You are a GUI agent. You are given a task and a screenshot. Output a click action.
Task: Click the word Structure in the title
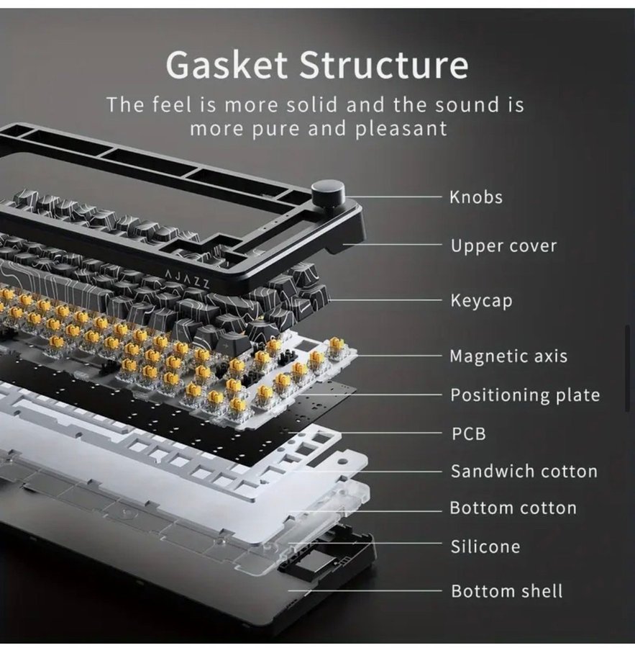tap(384, 65)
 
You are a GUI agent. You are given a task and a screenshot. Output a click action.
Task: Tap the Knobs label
tap(476, 197)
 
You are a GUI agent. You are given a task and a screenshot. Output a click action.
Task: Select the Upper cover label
tap(503, 246)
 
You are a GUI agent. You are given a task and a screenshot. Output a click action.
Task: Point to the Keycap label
tap(481, 300)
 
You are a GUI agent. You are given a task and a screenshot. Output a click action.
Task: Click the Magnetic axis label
tap(508, 356)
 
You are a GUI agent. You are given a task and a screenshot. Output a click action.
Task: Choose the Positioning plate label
tap(525, 395)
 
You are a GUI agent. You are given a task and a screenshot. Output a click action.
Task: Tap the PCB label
tap(467, 433)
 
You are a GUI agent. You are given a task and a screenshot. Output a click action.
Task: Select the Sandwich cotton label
tap(524, 472)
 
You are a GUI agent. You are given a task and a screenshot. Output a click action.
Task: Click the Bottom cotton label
tap(513, 508)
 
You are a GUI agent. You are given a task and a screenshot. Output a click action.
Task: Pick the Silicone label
tap(485, 547)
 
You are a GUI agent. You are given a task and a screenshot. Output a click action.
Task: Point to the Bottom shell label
tap(506, 591)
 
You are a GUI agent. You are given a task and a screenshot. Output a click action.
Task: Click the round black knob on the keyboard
tap(328, 194)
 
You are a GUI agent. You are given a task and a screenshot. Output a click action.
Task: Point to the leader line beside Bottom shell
tap(367, 591)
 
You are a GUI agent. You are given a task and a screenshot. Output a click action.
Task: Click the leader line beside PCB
tap(374, 433)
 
